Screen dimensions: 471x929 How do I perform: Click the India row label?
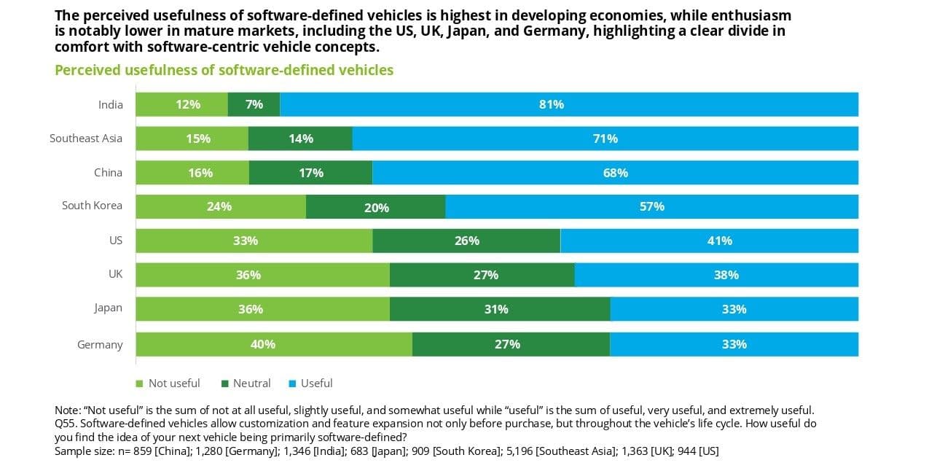coord(111,104)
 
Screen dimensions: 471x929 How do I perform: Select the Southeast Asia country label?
coord(86,138)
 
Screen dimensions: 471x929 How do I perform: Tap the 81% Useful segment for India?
coord(568,104)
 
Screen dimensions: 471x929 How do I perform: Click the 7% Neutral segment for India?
coord(254,104)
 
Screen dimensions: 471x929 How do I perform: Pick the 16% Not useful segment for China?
coord(192,173)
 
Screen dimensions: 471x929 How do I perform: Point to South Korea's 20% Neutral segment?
coord(375,207)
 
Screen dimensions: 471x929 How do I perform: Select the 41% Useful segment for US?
coord(709,241)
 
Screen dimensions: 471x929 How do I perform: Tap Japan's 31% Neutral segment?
coord(499,309)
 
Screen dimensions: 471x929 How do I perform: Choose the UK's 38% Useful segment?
coord(716,275)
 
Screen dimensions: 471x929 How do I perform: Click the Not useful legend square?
coord(139,384)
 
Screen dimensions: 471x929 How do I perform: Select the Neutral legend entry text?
coord(251,384)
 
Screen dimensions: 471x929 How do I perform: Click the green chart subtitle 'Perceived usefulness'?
coord(224,70)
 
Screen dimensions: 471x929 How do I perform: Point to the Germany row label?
coord(100,344)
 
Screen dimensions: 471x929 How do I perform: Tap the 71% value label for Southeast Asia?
coord(605,139)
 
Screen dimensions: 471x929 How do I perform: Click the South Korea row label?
coord(92,206)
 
